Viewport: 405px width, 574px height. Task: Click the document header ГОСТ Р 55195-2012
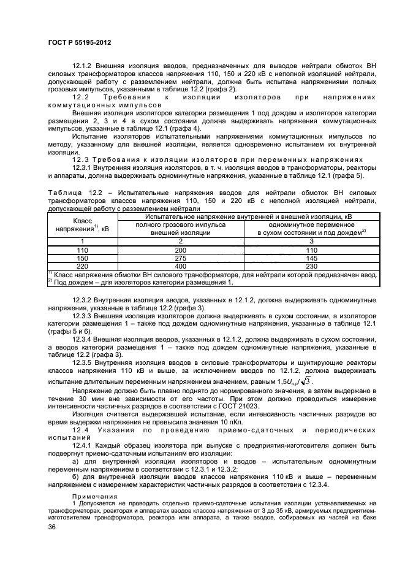click(75, 43)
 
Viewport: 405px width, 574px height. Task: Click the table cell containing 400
click(180, 267)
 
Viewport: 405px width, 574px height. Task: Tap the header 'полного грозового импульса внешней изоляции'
click(180, 229)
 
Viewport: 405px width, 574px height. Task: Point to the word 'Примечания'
click(92, 495)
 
